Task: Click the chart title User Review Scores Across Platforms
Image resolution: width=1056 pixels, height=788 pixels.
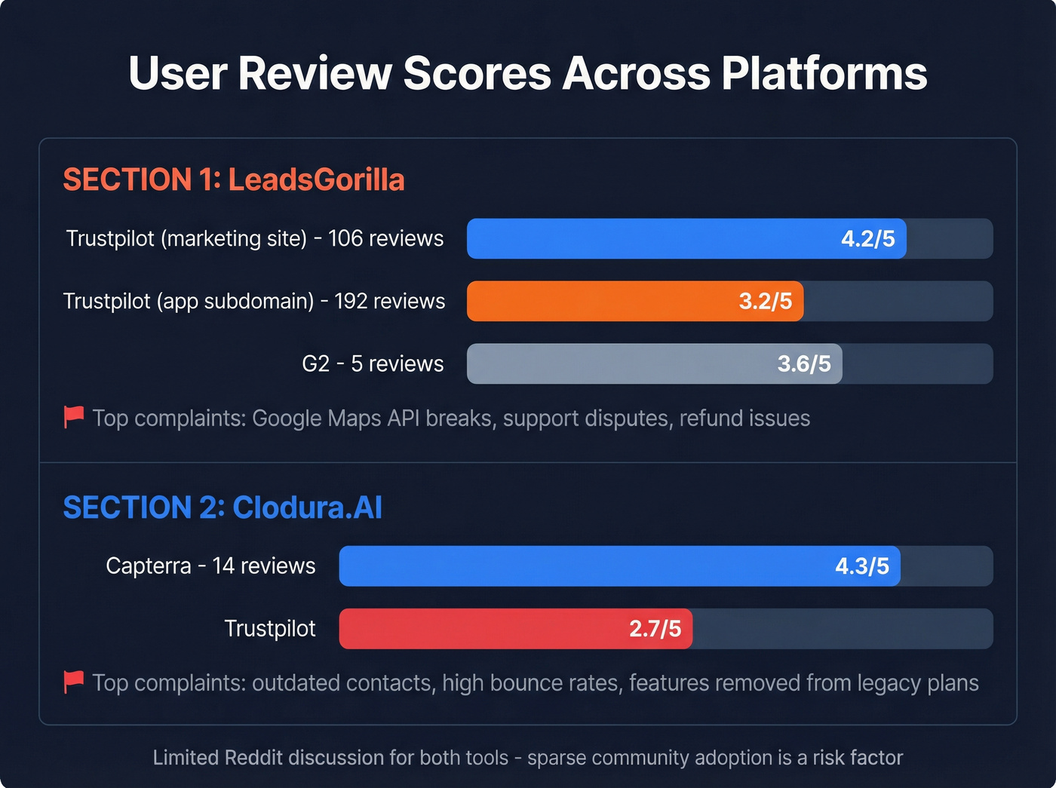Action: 527,73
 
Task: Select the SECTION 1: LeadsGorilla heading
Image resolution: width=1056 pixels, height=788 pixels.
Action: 234,179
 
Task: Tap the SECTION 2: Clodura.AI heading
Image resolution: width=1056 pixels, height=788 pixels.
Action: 223,507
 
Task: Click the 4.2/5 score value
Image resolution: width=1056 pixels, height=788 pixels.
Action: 867,239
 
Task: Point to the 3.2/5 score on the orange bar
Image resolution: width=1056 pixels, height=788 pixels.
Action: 765,302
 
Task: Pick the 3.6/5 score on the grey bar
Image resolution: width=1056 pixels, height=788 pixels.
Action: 803,364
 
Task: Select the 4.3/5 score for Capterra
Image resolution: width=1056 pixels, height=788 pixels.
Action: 861,566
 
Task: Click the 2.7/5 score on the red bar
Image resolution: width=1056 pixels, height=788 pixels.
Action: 655,629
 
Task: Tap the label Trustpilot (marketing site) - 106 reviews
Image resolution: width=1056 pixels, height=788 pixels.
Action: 255,238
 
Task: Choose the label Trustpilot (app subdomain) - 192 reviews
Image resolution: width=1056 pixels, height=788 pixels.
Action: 254,301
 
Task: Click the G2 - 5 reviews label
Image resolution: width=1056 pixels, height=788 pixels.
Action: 373,363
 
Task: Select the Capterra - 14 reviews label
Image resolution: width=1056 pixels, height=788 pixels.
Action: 210,566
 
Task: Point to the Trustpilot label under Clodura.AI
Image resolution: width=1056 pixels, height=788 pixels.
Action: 270,628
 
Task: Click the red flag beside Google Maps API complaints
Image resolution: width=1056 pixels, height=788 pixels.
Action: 74,416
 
